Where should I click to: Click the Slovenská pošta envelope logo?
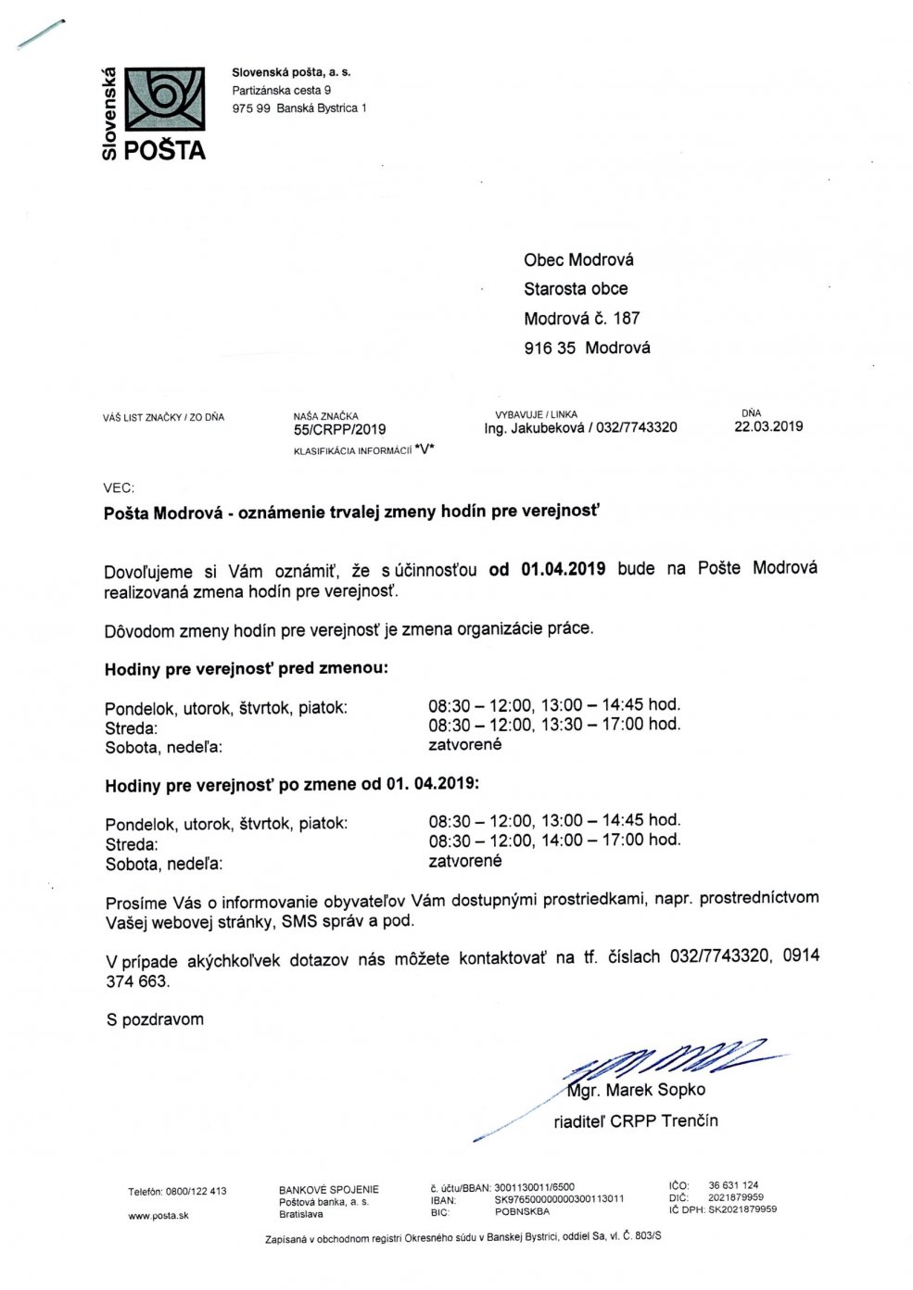tap(166, 97)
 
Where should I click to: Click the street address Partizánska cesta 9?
tap(282, 90)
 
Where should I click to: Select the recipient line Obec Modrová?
tap(578, 259)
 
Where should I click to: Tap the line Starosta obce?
tap(576, 288)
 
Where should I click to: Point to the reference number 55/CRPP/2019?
tap(338, 429)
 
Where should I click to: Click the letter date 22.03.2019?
tap(768, 426)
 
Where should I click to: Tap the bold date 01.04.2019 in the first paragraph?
tap(563, 568)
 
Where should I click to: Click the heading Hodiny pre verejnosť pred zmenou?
tap(247, 668)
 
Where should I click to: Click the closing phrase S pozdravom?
tap(155, 1019)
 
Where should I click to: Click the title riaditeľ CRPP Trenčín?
tap(636, 1121)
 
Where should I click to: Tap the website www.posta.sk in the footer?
tap(159, 1215)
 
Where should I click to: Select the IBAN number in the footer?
tap(559, 1198)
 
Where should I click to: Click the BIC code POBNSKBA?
tap(522, 1211)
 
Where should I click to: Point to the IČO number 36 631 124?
tap(733, 1185)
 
